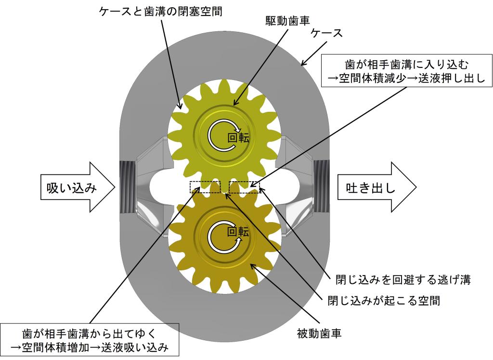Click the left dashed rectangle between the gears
point(205,187)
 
